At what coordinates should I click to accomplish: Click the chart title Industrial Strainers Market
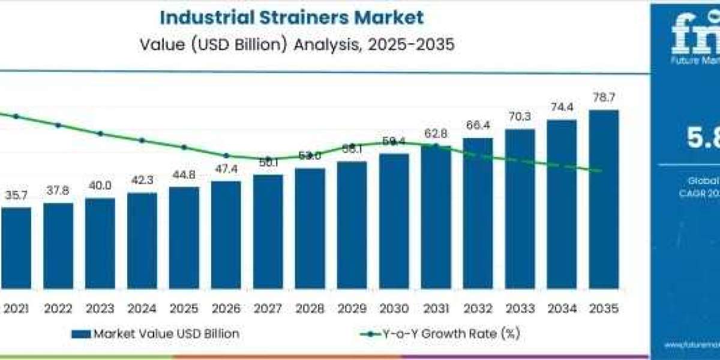coord(292,17)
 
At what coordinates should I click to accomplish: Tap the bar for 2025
coord(184,237)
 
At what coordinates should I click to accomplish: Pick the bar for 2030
coord(394,220)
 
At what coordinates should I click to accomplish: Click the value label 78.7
coord(604,98)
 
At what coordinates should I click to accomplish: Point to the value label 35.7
coord(16,196)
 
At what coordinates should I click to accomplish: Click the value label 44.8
coord(184,175)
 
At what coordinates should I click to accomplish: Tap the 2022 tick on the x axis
coord(58,308)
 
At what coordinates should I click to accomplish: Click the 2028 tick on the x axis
coord(310,308)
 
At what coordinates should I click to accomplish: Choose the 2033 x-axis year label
coord(520,308)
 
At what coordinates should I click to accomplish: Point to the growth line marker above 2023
coord(100,134)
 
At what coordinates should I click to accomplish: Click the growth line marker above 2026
coord(226,155)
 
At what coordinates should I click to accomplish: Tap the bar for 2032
coord(478,213)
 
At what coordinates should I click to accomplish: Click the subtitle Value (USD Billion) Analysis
coord(292,44)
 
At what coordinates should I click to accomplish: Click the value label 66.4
coord(478,126)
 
